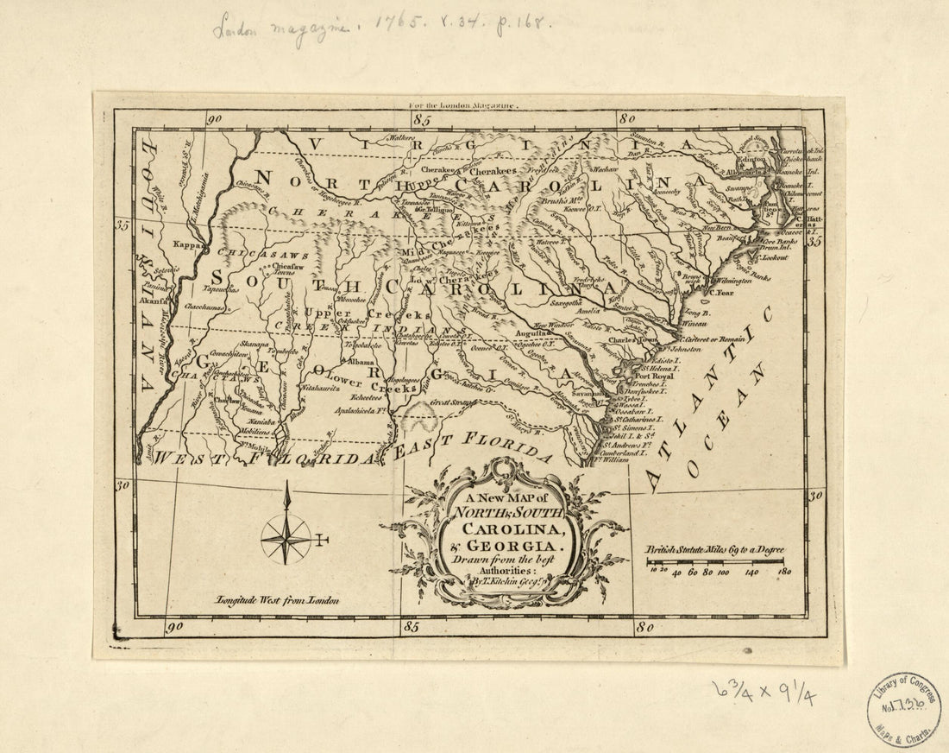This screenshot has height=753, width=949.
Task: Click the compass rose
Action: tap(286, 537)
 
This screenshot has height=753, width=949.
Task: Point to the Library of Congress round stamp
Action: tap(903, 709)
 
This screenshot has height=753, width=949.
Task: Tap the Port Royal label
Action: tap(653, 376)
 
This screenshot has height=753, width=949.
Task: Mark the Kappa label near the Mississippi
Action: tap(185, 245)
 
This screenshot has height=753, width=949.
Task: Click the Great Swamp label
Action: tap(453, 402)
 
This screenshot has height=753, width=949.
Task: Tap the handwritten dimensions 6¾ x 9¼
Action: tap(764, 690)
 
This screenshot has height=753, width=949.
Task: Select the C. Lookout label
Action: tap(774, 258)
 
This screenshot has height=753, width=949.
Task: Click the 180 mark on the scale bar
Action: tap(784, 572)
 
